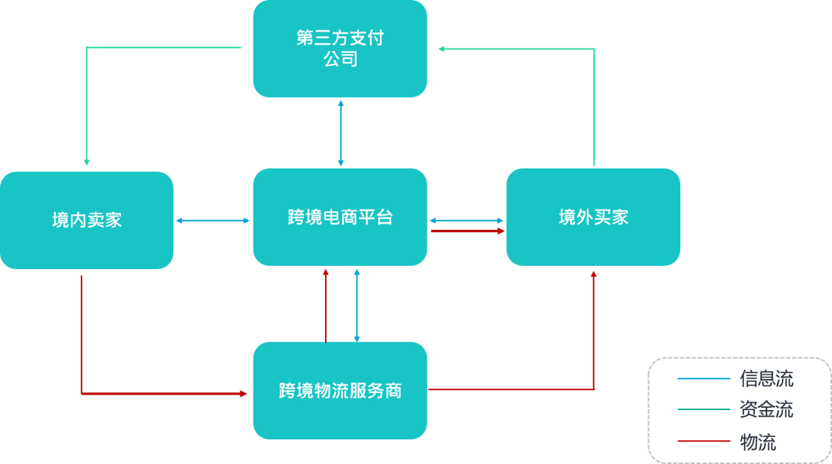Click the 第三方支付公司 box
(x=340, y=49)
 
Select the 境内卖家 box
(x=86, y=220)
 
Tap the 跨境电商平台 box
(x=340, y=217)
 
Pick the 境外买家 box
(x=593, y=217)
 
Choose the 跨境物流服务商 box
(x=340, y=391)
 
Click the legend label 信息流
(x=766, y=378)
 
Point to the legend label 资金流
(x=766, y=410)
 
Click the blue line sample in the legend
(x=703, y=378)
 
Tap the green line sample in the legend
(x=703, y=410)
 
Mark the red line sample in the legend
(x=703, y=442)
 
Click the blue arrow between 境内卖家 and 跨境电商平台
(x=213, y=220)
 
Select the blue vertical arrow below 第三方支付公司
(x=341, y=133)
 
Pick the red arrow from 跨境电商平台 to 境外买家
(x=467, y=230)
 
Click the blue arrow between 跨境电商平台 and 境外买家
(x=467, y=220)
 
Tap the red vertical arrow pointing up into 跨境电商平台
(x=325, y=304)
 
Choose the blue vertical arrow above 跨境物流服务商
(x=356, y=304)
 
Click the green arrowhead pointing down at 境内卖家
(x=86, y=163)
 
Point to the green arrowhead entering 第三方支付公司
(x=442, y=49)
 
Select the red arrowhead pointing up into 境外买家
(x=594, y=274)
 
